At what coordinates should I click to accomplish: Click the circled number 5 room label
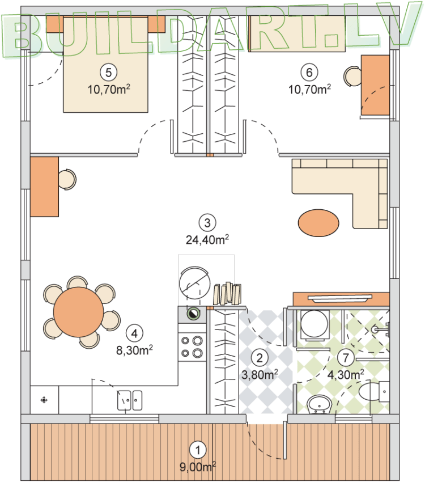pos(108,73)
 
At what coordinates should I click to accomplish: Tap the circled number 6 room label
pos(309,73)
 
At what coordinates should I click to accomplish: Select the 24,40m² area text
pos(207,240)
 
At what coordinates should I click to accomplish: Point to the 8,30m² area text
pos(134,350)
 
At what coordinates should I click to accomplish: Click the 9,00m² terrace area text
pos(198,467)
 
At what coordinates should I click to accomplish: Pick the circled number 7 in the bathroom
pos(346,357)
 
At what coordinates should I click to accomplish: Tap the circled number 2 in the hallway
pos(260,358)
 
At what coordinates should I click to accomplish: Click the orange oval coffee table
pos(318,223)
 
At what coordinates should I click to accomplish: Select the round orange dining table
pos(79,312)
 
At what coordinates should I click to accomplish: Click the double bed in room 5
pos(105,65)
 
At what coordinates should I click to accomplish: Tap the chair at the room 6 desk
pos(353,76)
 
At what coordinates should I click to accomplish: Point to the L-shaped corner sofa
pos(339,194)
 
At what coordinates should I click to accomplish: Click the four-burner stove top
pos(192,346)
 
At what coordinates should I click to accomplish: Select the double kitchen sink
pos(130,400)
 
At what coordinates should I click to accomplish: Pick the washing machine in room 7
pos(314,325)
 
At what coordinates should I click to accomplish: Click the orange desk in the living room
pos(44,187)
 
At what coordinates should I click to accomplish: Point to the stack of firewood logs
pos(227,294)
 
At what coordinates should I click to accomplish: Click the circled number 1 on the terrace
pos(198,450)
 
